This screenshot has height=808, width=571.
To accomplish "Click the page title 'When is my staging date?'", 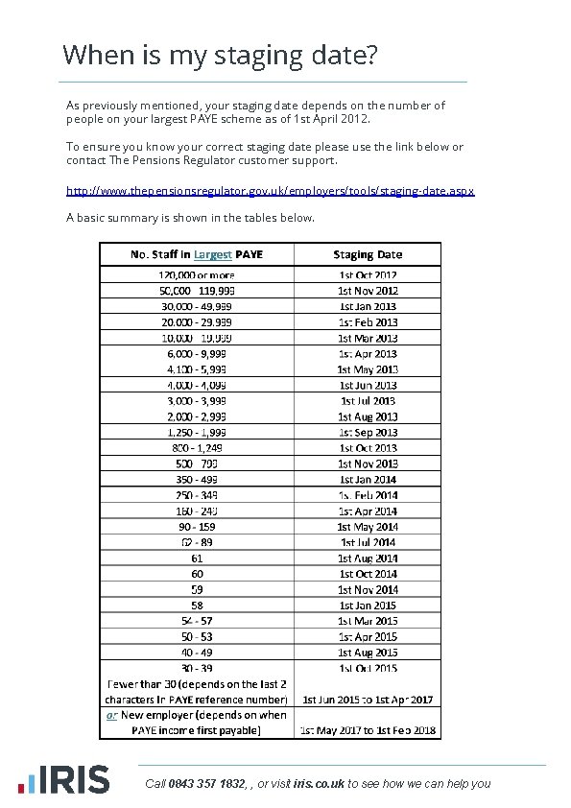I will click(x=219, y=55).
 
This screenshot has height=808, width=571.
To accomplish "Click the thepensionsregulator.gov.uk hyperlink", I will click(x=270, y=191).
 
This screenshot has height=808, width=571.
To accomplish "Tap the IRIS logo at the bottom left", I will click(x=68, y=778).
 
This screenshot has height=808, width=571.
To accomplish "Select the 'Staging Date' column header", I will click(x=368, y=254).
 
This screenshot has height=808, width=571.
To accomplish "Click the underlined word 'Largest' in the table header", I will click(x=212, y=254).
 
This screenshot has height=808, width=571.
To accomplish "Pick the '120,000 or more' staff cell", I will click(x=197, y=274).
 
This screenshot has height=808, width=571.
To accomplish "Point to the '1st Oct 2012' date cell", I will click(x=368, y=274).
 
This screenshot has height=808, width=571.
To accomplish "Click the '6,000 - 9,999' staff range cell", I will click(x=197, y=353).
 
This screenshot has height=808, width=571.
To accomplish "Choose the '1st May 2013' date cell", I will click(x=368, y=369).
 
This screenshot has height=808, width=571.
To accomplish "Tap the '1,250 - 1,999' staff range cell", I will click(x=197, y=432).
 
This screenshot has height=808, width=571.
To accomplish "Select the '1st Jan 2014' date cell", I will click(x=368, y=479).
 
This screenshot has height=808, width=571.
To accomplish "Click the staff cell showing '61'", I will click(x=197, y=558).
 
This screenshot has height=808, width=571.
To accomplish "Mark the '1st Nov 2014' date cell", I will click(x=368, y=589).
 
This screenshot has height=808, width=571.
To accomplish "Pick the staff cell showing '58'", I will click(x=197, y=605).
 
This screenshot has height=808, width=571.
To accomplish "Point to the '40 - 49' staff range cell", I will click(x=197, y=652).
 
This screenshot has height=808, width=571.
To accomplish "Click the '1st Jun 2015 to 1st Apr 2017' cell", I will click(x=368, y=700).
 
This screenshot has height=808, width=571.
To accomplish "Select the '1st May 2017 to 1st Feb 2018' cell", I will click(x=368, y=730).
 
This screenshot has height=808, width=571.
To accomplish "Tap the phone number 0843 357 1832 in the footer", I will click(x=206, y=784).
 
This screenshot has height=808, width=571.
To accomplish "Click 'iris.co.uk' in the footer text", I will click(x=319, y=784).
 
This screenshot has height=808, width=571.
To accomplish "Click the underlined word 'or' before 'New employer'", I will click(x=111, y=715).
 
